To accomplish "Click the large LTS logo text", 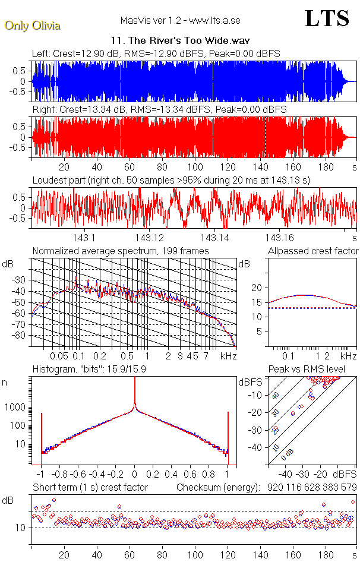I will (x=327, y=18).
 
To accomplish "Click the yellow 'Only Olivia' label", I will (x=32, y=26).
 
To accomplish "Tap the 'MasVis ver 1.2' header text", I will (x=179, y=21).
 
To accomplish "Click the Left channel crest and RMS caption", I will (x=156, y=53).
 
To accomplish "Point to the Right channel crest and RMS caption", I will (x=159, y=110).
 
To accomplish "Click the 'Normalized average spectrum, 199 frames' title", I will (x=121, y=251).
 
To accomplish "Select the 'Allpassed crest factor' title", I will (x=313, y=251).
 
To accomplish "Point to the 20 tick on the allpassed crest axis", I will (x=257, y=288).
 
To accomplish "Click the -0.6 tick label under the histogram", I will (x=78, y=475).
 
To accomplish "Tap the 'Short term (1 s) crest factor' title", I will (x=90, y=488).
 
